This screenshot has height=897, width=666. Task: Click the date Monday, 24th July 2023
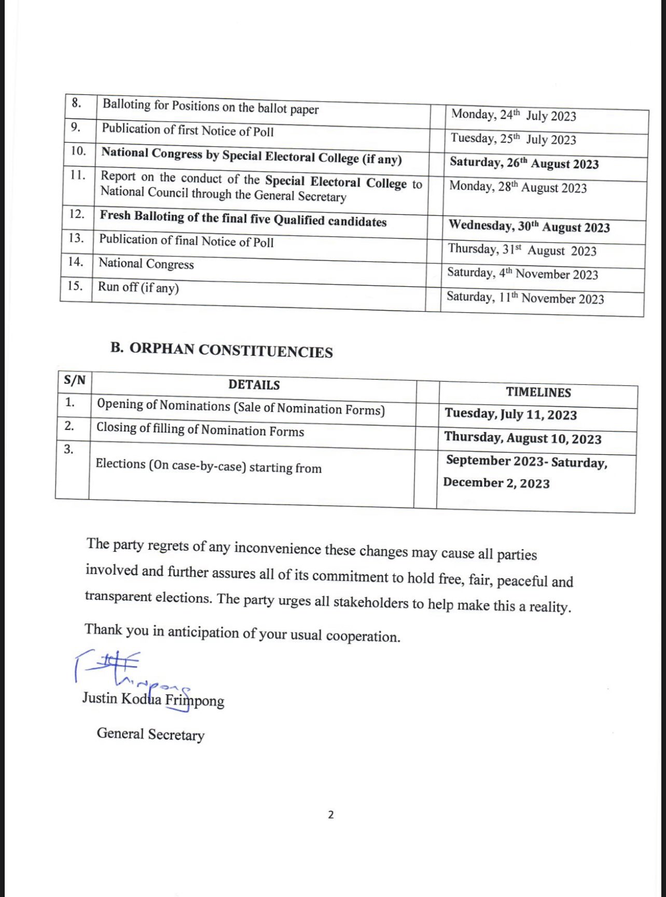tap(514, 115)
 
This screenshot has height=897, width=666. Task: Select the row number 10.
tap(78, 151)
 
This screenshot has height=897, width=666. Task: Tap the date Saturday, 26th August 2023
tap(524, 163)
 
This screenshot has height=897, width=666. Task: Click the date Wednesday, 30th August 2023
tap(529, 226)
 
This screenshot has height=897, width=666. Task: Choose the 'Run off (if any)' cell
tap(138, 287)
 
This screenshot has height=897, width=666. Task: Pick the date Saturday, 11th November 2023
tap(525, 298)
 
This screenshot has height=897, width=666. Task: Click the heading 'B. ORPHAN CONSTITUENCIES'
tap(221, 350)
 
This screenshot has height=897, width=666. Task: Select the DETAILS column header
tap(254, 385)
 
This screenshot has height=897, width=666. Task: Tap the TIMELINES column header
tap(538, 392)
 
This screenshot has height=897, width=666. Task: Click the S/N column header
tap(75, 380)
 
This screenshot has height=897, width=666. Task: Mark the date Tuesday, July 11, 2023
tap(510, 414)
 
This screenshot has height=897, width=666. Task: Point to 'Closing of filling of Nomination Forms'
tap(200, 429)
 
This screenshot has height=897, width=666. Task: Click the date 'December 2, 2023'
tap(496, 483)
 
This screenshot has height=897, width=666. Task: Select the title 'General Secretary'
tap(150, 734)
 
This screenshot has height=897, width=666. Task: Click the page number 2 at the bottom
tap(331, 815)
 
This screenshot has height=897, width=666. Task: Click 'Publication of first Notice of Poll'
tap(187, 130)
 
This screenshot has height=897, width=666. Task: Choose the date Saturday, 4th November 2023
tap(522, 274)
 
